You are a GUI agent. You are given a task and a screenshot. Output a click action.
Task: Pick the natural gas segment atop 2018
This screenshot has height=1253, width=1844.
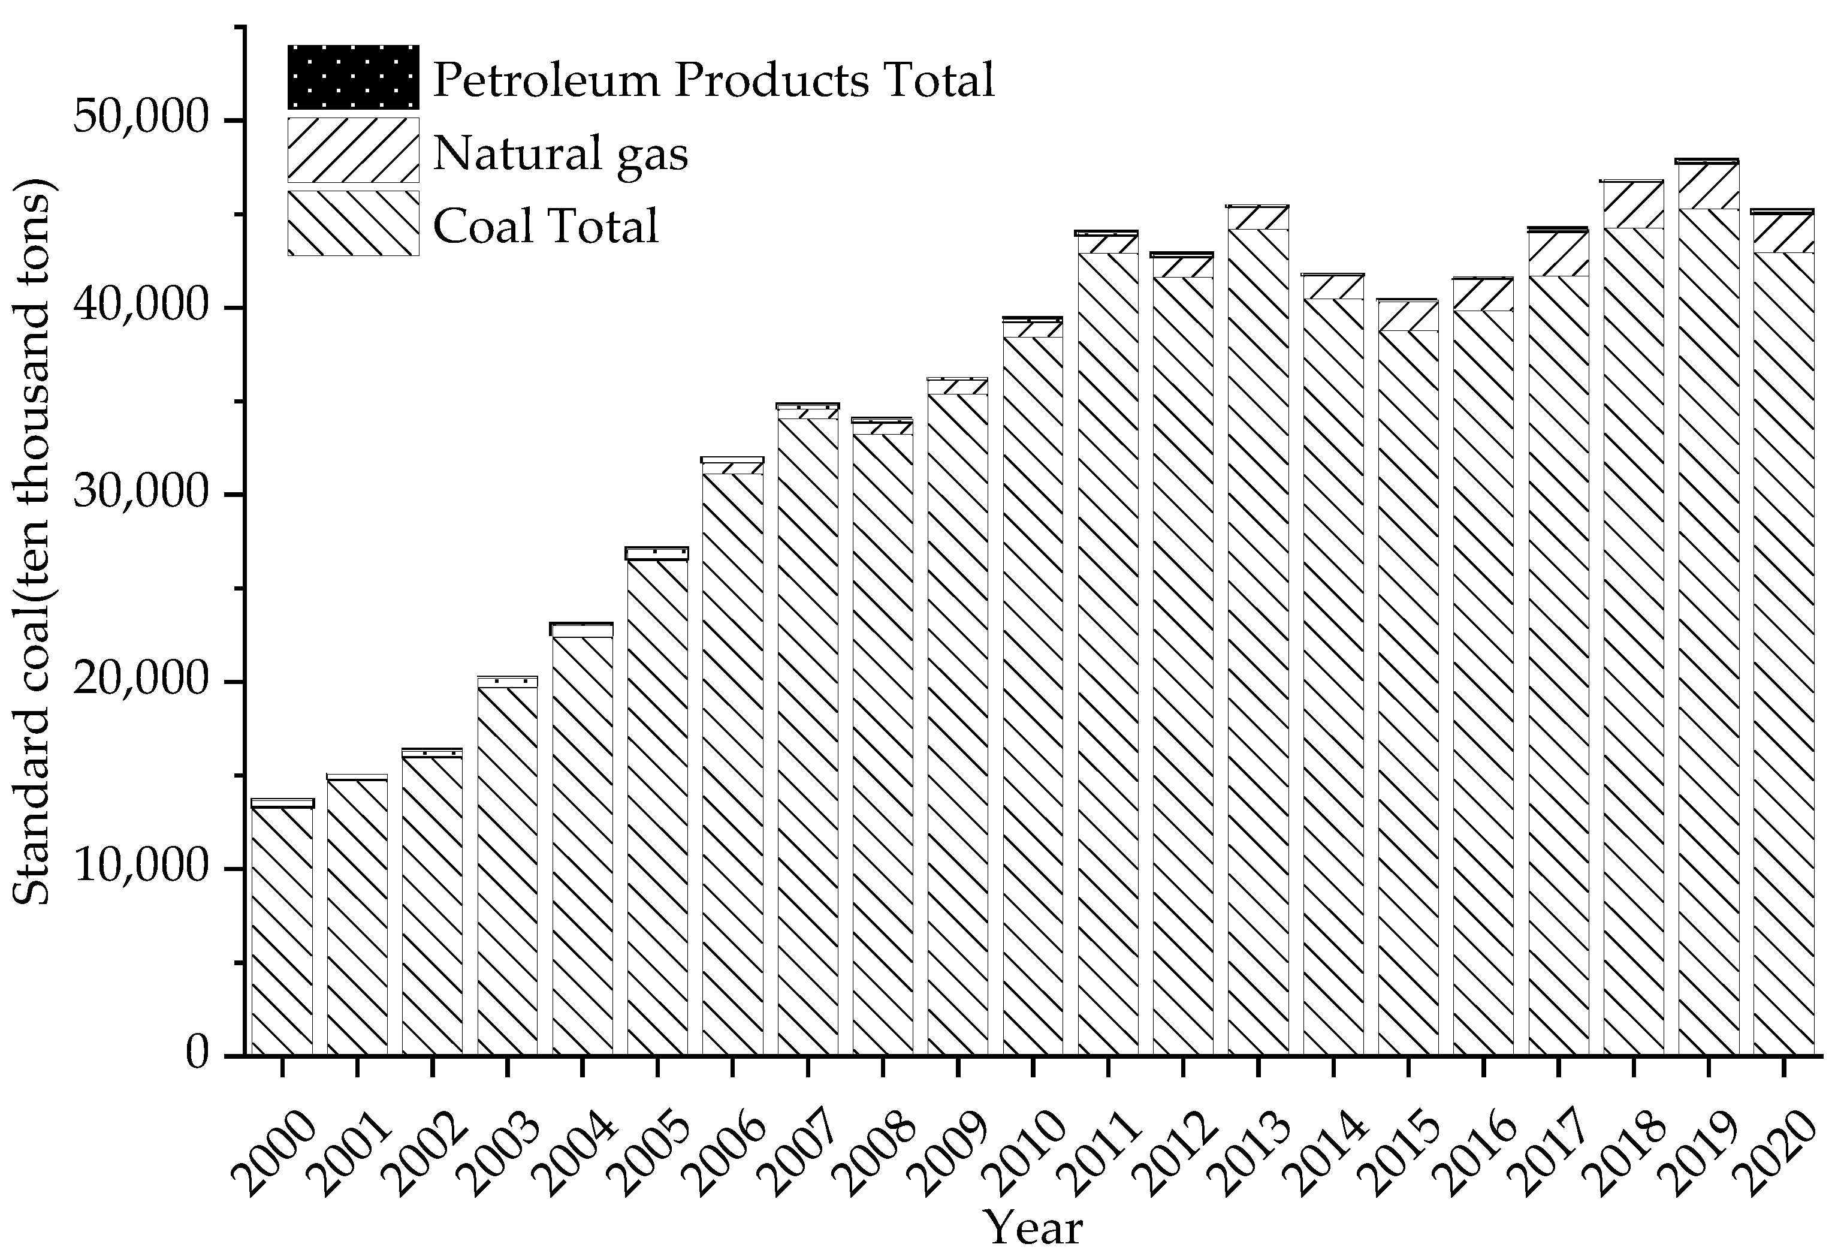coord(1634,204)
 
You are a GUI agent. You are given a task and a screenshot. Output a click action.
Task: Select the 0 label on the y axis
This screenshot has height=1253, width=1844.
coord(198,1055)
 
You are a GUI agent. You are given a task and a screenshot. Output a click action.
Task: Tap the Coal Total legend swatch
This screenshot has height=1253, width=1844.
coord(353,223)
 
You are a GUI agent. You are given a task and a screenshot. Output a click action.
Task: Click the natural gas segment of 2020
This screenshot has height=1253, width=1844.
coord(1783,233)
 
